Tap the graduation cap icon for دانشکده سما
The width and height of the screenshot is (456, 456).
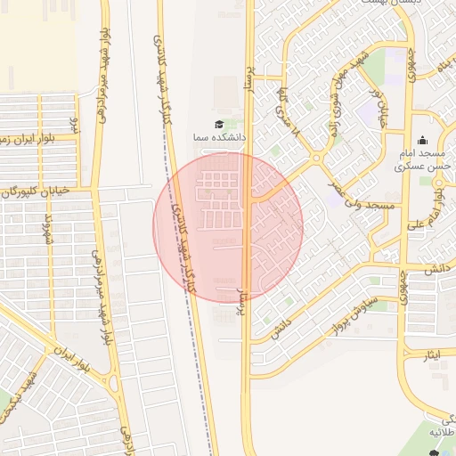219,124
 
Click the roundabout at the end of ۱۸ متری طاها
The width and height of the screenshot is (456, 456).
316,159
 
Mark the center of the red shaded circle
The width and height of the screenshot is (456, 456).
228,228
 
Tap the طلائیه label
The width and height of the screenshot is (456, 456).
442,432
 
